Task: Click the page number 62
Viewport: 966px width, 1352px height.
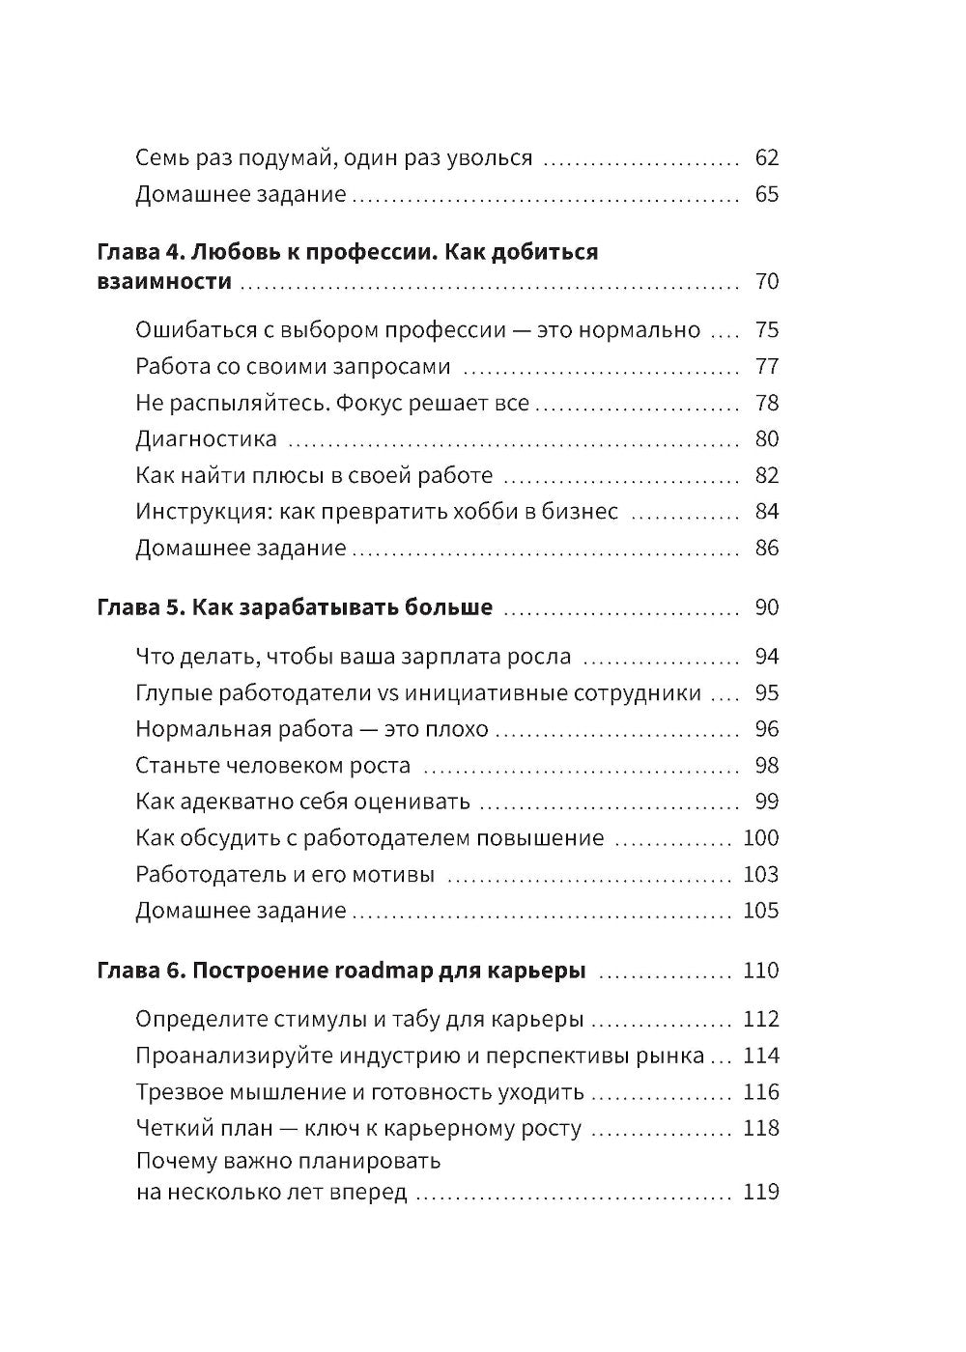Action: [766, 157]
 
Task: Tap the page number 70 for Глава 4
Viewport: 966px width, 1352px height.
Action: [766, 282]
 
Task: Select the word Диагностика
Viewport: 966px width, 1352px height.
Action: [206, 439]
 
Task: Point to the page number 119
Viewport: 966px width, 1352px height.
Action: [761, 1192]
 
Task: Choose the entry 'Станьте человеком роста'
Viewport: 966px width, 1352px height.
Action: [273, 766]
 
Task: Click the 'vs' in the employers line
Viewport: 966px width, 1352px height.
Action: [387, 693]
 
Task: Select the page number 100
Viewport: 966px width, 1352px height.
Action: [761, 838]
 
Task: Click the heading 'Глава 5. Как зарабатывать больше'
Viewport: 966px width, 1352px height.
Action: [296, 607]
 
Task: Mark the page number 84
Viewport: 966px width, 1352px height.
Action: [766, 512]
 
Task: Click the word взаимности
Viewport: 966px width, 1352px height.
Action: [164, 282]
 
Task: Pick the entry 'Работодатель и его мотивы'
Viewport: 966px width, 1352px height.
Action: [285, 875]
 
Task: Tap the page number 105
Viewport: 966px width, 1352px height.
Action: [761, 911]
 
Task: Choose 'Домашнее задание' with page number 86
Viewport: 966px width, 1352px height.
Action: [241, 549]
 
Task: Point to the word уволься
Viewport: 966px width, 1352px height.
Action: [489, 157]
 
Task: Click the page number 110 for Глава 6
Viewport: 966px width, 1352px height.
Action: [761, 971]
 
